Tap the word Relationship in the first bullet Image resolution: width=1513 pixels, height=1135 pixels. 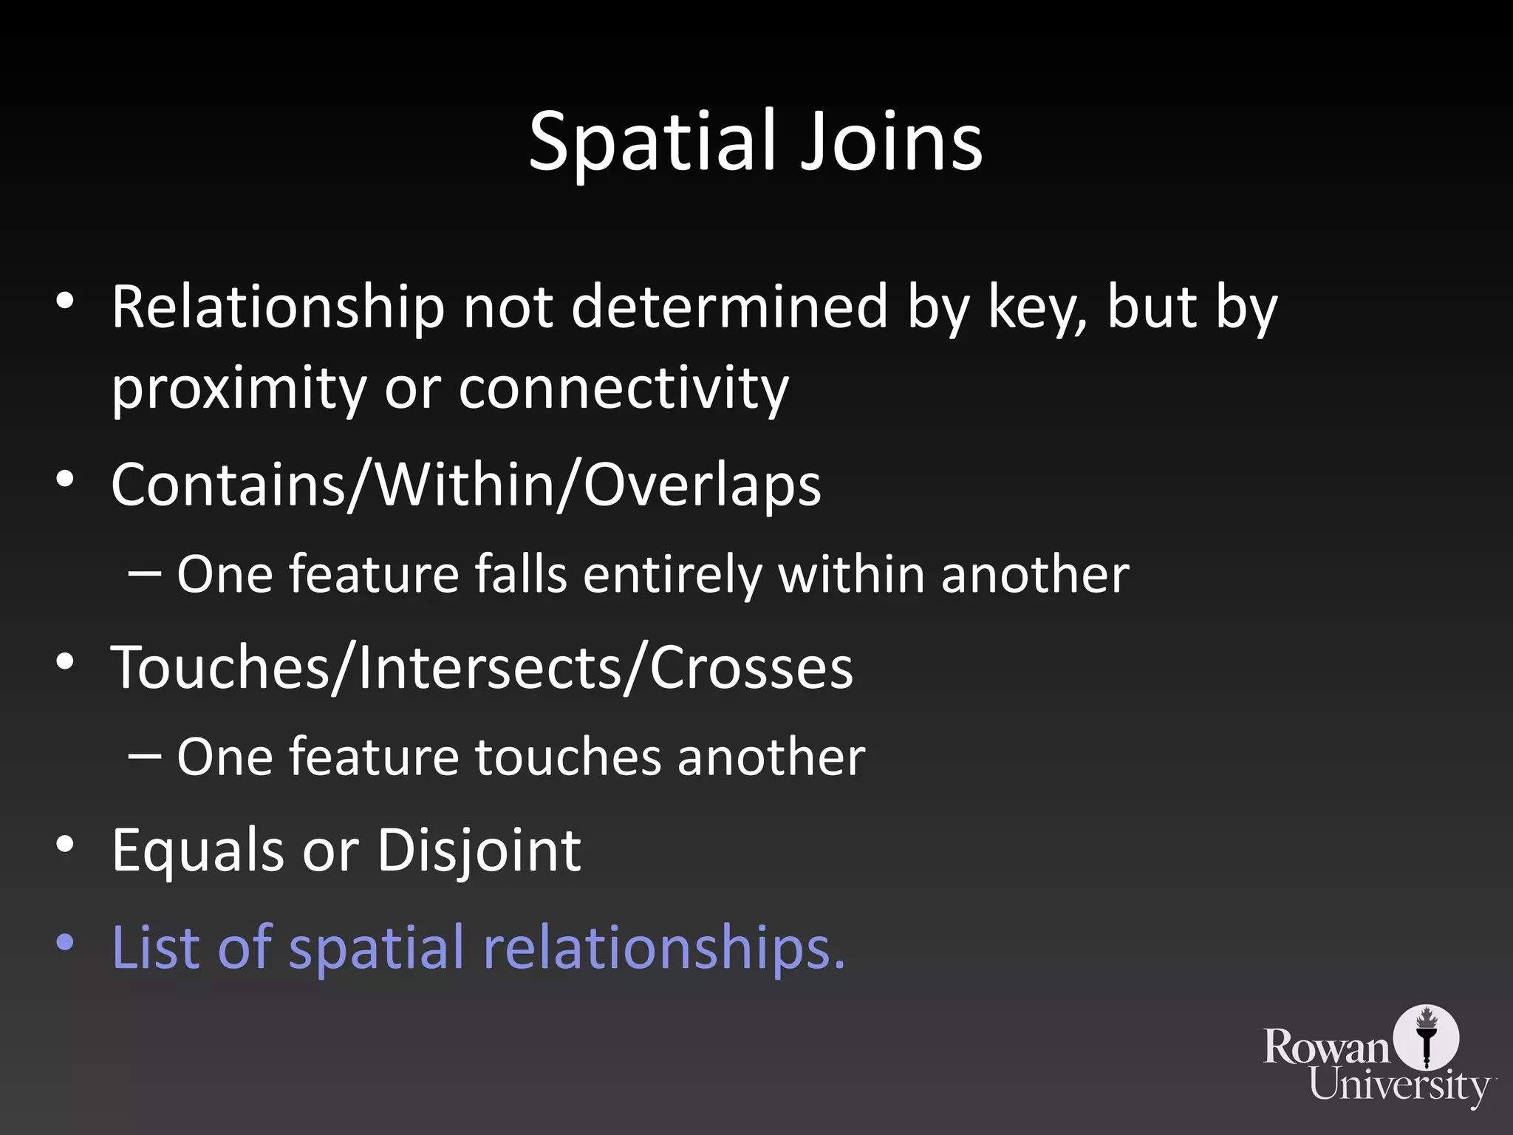(x=278, y=307)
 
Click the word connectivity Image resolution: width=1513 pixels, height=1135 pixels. (x=624, y=389)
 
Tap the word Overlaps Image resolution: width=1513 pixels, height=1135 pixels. (x=702, y=485)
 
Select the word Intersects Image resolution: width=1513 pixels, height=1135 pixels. (x=488, y=667)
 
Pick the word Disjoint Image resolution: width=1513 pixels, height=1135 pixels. (x=479, y=851)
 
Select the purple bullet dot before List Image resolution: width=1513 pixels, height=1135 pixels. (x=65, y=943)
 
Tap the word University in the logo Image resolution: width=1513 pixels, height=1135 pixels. (x=1401, y=1087)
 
